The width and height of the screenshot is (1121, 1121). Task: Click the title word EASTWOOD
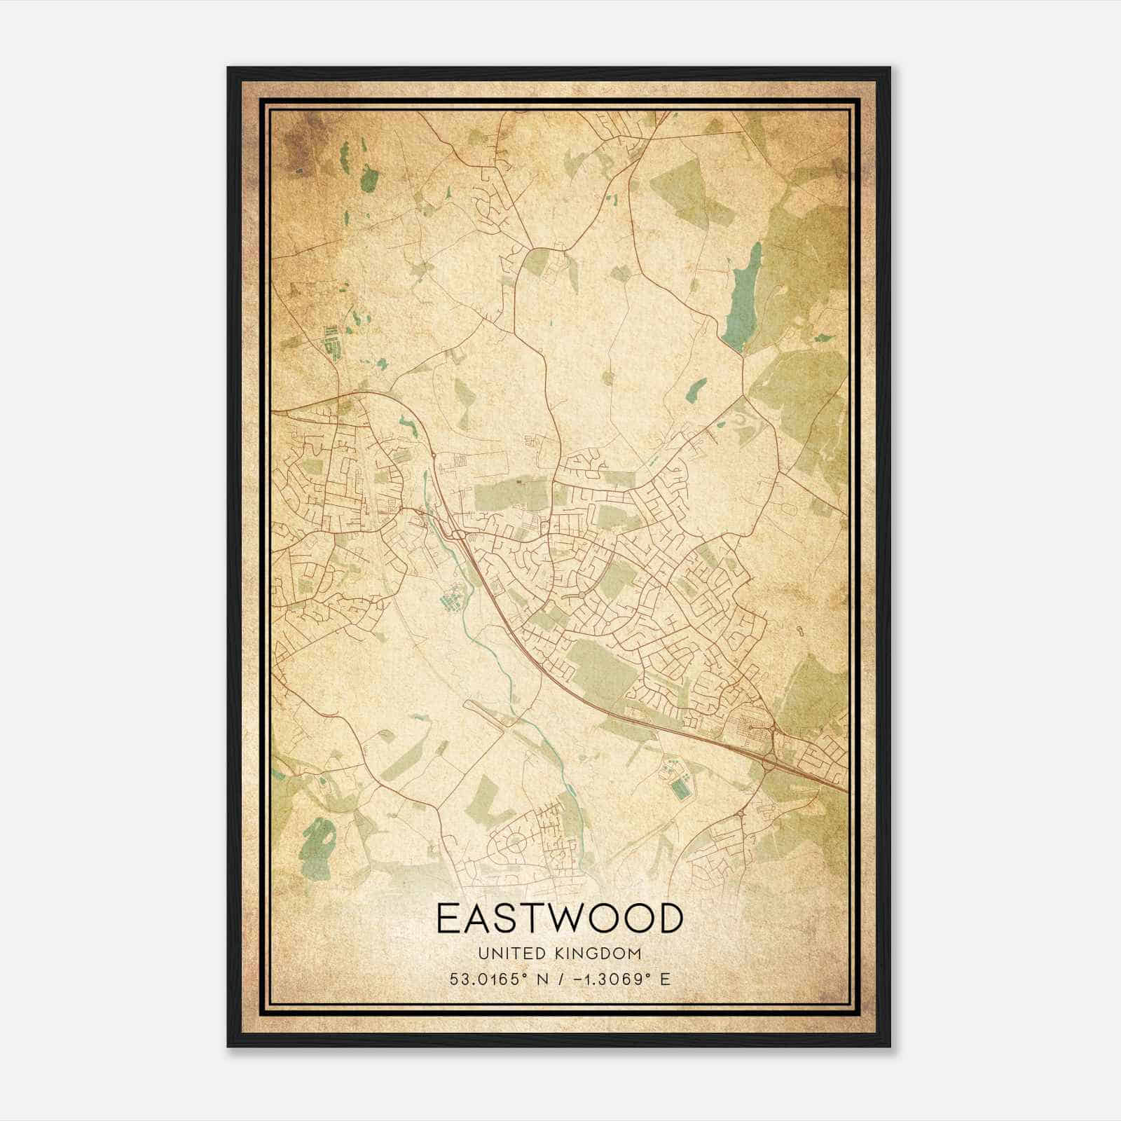[559, 919]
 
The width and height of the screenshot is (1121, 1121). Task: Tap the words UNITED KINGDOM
[559, 954]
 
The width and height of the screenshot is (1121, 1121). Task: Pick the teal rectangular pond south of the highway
[678, 791]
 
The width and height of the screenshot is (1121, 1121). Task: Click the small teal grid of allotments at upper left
[331, 343]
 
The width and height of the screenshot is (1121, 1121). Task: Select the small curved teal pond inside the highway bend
[407, 422]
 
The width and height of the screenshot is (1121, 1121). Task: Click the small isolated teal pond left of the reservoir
[699, 388]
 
